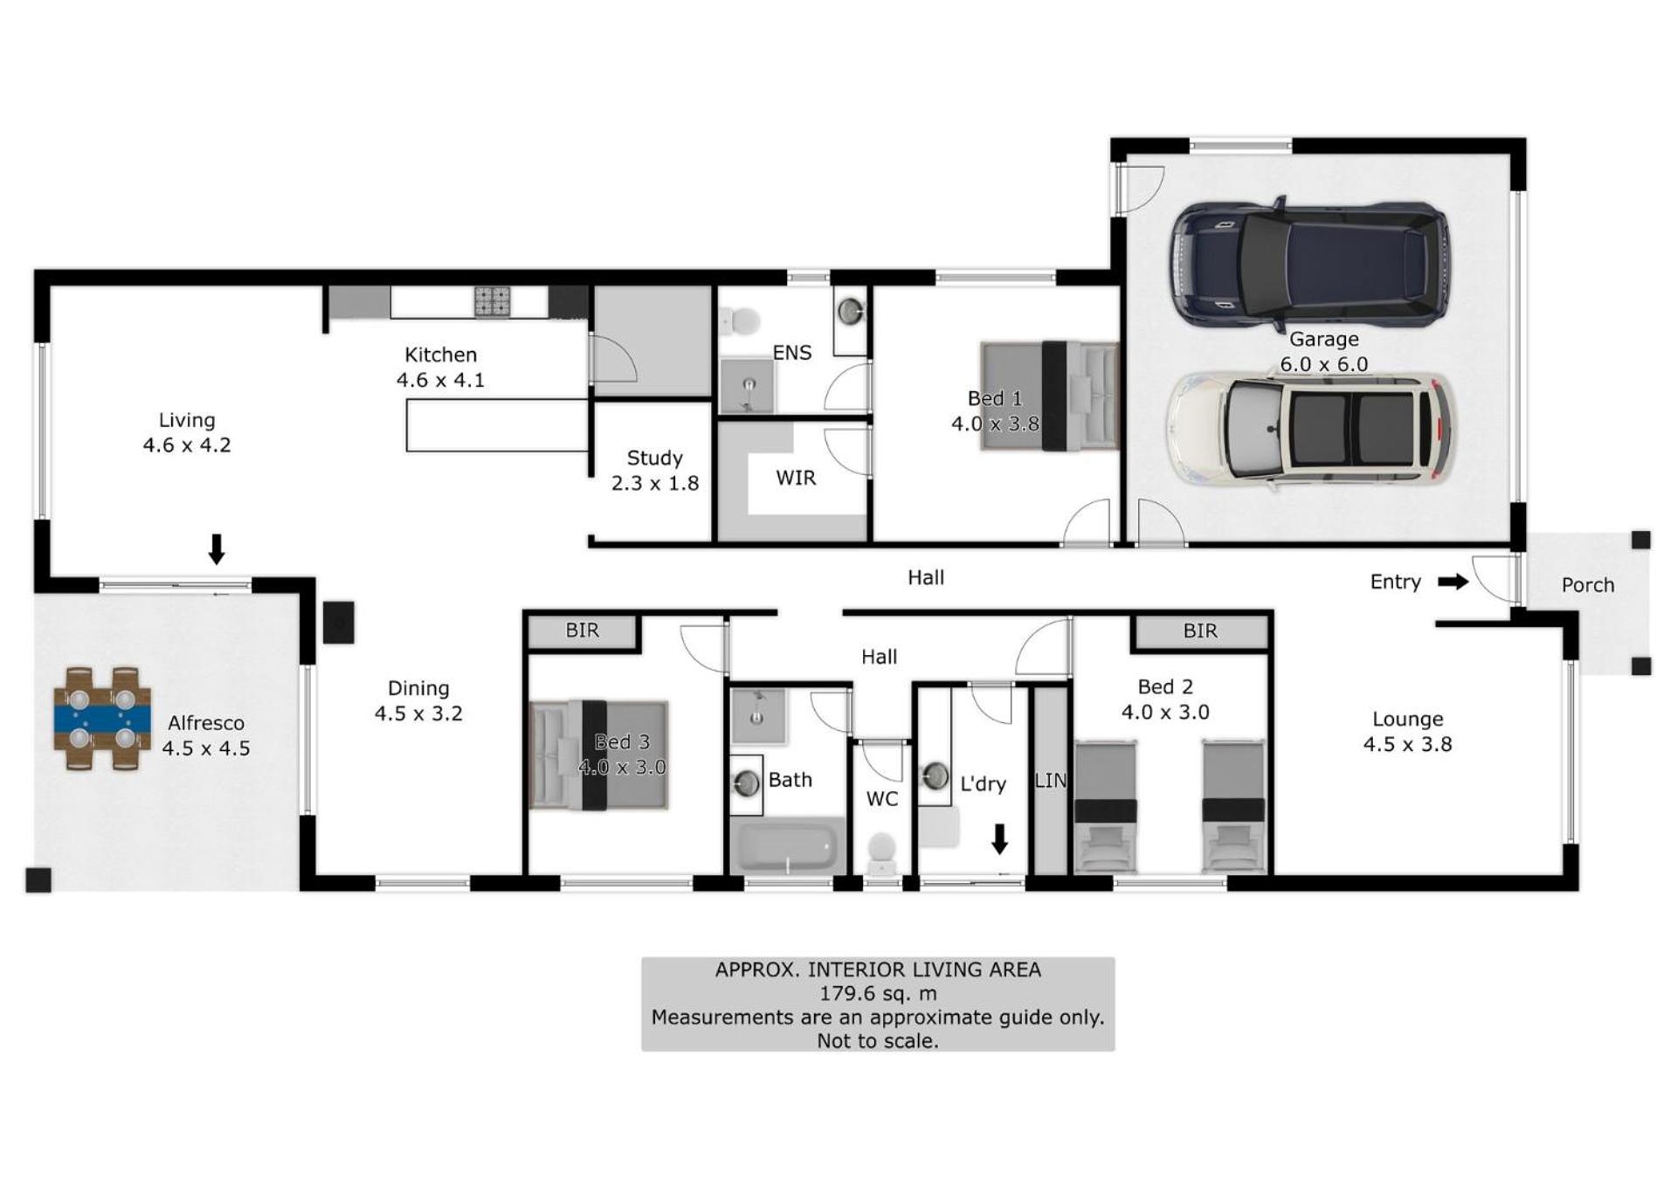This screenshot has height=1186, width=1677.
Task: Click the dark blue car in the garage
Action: coord(1309,260)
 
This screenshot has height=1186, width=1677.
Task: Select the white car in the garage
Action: coord(1311,429)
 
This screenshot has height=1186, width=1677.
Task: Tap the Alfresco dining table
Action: coord(102,719)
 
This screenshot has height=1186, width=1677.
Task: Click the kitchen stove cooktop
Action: coord(493,301)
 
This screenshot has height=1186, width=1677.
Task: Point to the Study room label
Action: coord(655,458)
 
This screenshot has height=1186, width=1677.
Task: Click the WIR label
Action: coord(796,478)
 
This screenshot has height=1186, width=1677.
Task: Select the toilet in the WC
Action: coord(882,852)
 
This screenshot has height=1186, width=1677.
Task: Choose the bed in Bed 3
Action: coord(599,755)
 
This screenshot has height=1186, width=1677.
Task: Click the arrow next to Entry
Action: coord(1453,582)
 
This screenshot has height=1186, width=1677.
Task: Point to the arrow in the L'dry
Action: coord(1000,838)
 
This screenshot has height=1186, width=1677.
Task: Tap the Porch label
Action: coord(1588,585)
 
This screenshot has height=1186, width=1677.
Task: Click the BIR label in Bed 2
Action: coord(1200,631)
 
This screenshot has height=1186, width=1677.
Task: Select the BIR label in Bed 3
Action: coord(583,630)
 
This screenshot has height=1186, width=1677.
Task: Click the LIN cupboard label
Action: coord(1051,780)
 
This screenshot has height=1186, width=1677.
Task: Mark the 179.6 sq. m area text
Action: coord(878,993)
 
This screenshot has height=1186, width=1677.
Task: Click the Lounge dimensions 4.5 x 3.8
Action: coord(1408,744)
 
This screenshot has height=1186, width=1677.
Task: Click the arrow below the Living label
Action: coord(217,549)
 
